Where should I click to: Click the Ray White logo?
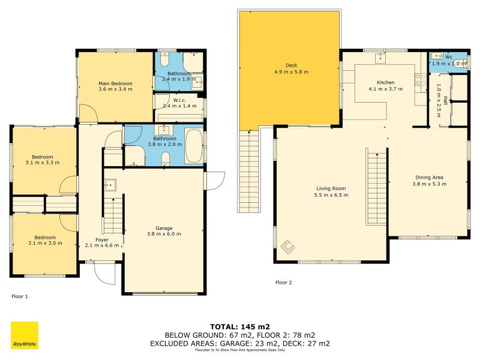[x=25, y=335]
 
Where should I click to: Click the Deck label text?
[x=292, y=65]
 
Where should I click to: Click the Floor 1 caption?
[x=20, y=296]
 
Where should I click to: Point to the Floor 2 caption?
[x=284, y=283]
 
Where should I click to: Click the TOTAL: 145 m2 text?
[x=240, y=327]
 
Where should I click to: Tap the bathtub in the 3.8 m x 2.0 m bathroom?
[x=194, y=146]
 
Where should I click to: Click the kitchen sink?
[x=380, y=57]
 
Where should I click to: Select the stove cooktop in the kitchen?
[x=421, y=79]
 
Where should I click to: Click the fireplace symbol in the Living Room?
[x=288, y=247]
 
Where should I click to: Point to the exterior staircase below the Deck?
[x=249, y=172]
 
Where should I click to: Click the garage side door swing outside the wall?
[x=216, y=181]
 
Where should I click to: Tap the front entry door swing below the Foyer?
[x=104, y=274]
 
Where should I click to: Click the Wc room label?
[x=449, y=57]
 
